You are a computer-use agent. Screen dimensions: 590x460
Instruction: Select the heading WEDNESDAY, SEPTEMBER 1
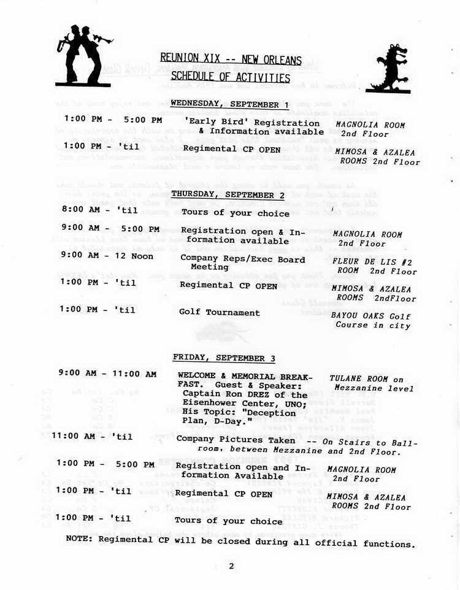tap(229, 104)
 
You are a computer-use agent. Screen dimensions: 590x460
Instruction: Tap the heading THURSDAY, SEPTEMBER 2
tap(228, 194)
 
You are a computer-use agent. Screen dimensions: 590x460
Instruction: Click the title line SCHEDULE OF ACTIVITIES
tap(230, 77)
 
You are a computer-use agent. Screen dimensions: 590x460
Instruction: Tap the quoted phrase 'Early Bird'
tap(212, 122)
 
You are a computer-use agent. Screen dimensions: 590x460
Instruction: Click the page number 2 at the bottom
tap(231, 566)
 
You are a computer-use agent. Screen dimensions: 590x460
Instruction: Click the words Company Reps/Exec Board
tap(242, 258)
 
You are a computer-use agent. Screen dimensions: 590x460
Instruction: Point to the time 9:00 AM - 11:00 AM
tap(107, 374)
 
